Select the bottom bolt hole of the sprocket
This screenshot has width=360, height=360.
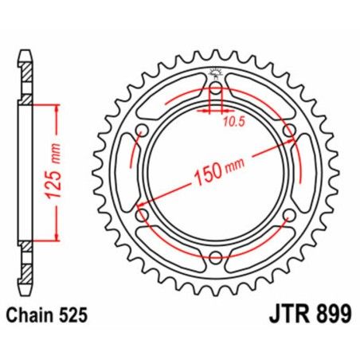pos(215,256)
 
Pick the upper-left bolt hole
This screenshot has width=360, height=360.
pos(143,131)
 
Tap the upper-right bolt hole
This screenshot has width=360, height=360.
pos(288,131)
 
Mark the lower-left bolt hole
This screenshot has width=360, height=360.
pos(143,215)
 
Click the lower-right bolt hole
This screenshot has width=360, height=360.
pos(288,215)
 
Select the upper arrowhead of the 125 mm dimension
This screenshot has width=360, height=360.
pos(57,108)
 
